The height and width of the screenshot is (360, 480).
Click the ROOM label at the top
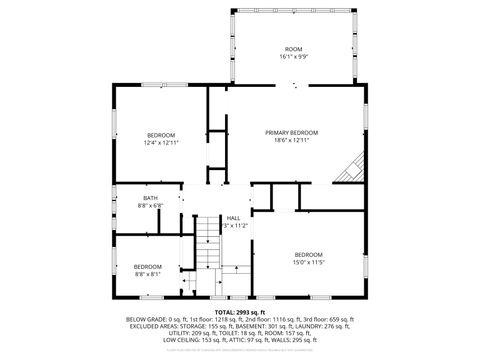tap(293, 49)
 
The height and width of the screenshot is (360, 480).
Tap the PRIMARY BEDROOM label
tap(292, 133)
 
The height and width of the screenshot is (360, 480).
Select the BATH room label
tap(150, 198)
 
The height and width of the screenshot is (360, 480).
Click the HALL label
tap(233, 218)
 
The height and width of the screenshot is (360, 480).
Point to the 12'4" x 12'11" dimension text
tap(161, 142)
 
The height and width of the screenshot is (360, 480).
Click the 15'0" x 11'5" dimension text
tap(308, 262)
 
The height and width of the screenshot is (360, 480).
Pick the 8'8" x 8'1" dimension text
tap(148, 273)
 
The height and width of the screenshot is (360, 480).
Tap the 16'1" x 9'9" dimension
tap(293, 57)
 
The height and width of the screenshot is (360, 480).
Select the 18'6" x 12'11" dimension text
tap(292, 141)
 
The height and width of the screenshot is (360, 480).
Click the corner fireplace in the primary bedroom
tap(350, 170)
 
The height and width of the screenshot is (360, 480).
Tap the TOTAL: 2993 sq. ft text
tap(239, 311)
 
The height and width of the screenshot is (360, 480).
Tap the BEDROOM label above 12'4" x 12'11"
tap(161, 135)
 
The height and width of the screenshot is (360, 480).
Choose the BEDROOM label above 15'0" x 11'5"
tap(308, 254)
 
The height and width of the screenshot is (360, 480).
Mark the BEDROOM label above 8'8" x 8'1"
tap(148, 266)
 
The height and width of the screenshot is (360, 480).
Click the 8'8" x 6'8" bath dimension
tap(150, 205)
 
